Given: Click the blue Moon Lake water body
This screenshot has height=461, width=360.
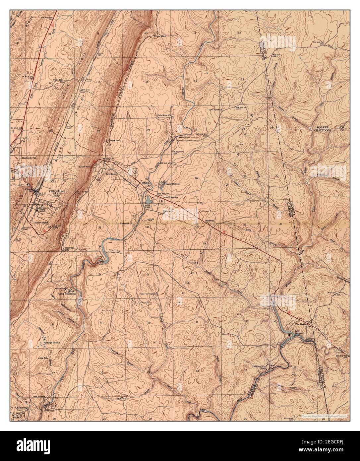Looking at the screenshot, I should (x=148, y=200).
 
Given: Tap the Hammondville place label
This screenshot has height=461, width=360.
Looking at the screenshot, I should (x=29, y=158).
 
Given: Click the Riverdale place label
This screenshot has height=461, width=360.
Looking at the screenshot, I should (x=126, y=224).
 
